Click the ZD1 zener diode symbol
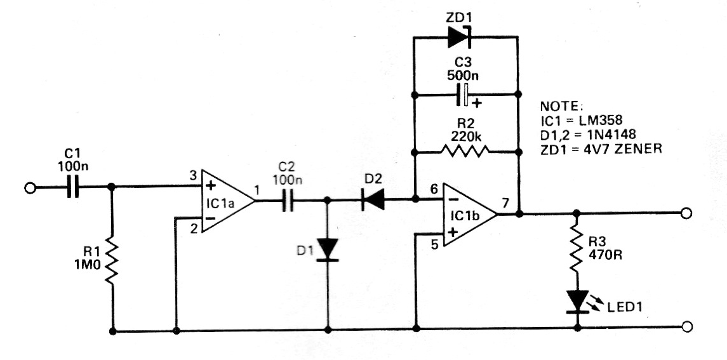460,37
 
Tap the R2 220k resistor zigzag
465,151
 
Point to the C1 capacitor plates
72,188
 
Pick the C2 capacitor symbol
289,201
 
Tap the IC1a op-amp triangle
228,201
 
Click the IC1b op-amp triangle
470,215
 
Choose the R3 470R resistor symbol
577,249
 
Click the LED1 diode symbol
577,302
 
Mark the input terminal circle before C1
30,188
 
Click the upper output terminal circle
686,213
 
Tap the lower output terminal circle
686,326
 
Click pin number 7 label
505,203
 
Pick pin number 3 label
192,176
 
